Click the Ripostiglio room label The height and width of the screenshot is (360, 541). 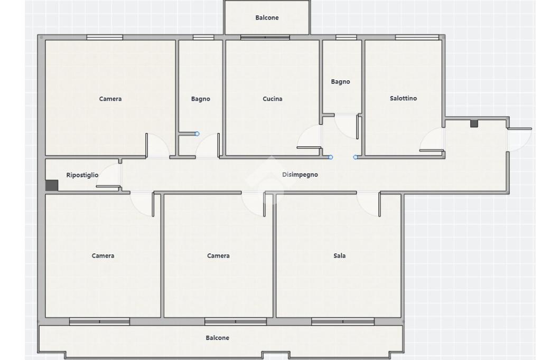point(82,175)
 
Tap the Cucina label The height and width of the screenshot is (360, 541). point(272,99)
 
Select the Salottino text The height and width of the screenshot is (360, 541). point(403,98)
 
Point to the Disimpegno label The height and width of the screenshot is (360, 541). point(300,175)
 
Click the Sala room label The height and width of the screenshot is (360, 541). point(340,255)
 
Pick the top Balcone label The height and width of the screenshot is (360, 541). point(267,17)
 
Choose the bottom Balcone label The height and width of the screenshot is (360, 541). point(217,338)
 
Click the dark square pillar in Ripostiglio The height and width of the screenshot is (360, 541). point(52,185)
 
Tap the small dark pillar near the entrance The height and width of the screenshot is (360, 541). point(474,124)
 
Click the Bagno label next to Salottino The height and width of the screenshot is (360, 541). point(340,82)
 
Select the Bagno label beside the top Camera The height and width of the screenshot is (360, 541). point(200,99)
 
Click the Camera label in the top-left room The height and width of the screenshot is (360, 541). point(110,99)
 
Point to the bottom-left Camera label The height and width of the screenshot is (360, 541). point(103,255)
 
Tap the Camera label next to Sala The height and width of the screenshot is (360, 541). point(218,255)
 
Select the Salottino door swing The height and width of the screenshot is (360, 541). point(431,139)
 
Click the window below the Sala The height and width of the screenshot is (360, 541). point(342,321)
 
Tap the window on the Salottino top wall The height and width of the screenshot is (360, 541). point(417,37)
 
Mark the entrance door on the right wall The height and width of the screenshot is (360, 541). point(519,139)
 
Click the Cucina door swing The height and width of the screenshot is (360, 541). point(309,137)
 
